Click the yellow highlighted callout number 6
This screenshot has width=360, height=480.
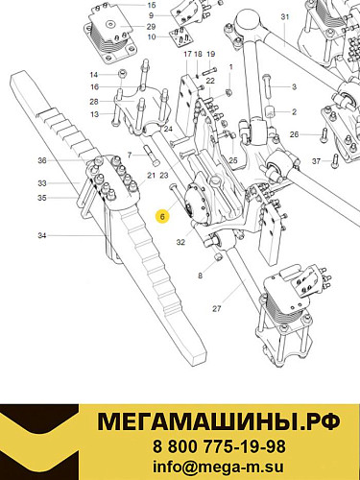tap(163, 217)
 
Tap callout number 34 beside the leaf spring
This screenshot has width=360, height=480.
tap(41, 235)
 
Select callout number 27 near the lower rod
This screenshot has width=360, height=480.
tap(217, 308)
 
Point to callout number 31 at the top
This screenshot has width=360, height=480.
tap(284, 18)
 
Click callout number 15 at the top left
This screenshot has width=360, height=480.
tap(151, 5)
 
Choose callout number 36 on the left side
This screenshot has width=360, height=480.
tap(41, 160)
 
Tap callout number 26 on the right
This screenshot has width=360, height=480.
tap(294, 134)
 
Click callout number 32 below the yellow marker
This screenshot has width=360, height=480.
tap(180, 242)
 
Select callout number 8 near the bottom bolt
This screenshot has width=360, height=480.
tap(200, 275)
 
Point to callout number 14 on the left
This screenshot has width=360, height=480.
tap(95, 74)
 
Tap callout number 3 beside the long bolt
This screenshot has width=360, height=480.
tap(294, 87)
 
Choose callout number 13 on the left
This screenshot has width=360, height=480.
tap(95, 114)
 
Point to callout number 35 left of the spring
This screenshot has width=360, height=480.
tap(41, 197)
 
